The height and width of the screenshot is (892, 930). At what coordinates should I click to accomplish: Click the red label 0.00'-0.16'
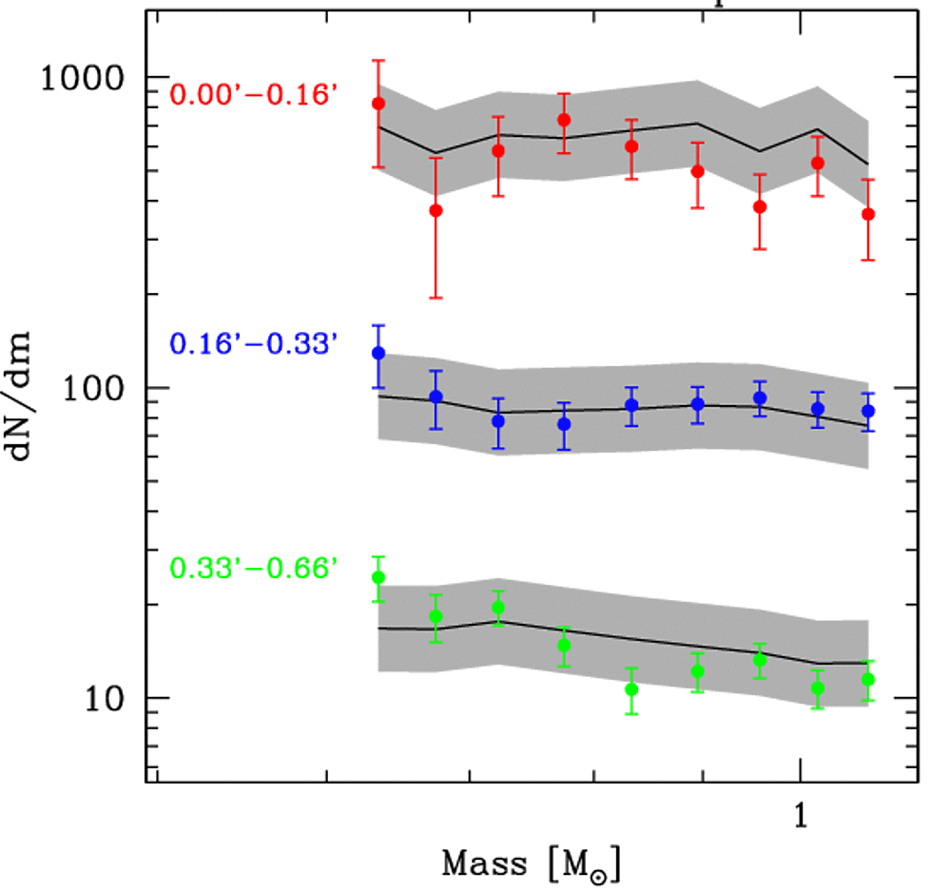(254, 95)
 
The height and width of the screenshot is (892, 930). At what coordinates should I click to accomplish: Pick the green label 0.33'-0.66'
(254, 569)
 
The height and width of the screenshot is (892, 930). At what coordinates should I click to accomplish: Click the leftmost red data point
(378, 103)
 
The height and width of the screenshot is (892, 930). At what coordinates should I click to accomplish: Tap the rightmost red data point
(867, 214)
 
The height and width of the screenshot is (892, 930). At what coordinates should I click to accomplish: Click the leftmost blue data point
(378, 353)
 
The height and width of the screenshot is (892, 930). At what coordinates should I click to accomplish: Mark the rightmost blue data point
(867, 411)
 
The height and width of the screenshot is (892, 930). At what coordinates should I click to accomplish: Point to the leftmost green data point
(378, 577)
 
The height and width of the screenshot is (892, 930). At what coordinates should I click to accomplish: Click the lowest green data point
(631, 689)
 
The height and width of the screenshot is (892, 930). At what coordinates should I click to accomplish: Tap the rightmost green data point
(867, 679)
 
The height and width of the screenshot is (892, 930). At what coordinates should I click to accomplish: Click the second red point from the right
(817, 163)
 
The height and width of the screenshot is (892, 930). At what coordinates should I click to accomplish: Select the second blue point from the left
(436, 397)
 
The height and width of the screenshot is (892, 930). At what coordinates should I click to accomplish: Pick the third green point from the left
(498, 608)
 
